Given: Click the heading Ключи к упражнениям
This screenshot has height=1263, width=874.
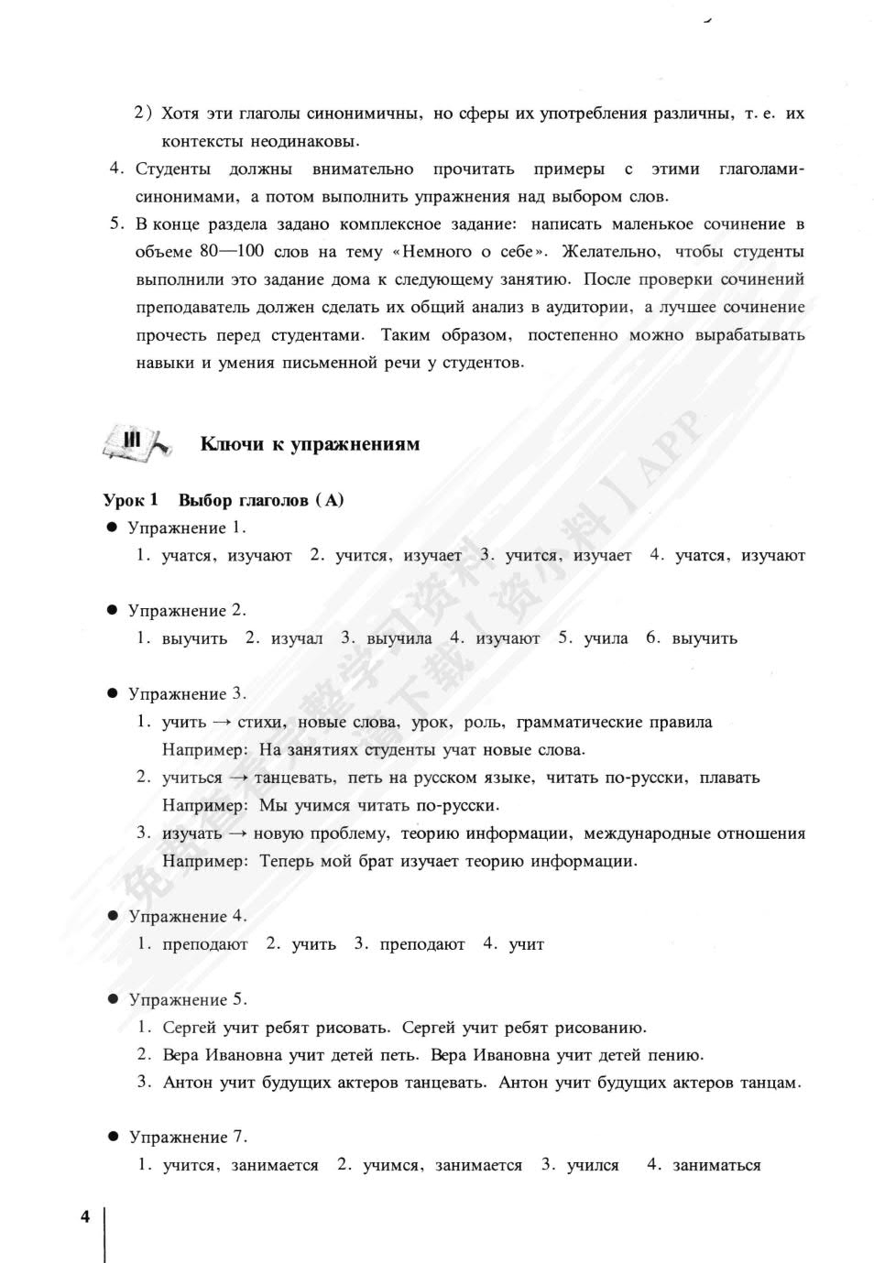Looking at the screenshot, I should coord(310,444).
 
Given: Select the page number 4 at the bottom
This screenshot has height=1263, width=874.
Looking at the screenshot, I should coord(85,1216).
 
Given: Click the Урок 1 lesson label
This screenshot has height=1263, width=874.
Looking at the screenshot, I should coord(130,500).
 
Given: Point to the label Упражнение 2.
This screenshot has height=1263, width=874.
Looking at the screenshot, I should coord(187,611).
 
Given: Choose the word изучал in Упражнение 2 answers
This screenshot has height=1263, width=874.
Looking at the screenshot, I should coord(297,638).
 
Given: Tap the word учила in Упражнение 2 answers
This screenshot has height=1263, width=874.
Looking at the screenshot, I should coord(606,638).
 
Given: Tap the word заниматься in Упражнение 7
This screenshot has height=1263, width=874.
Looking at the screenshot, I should coord(716,1166).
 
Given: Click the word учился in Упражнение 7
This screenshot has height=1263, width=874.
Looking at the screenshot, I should coord(593,1166).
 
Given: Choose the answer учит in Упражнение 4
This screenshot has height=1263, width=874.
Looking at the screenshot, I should coord(526,944).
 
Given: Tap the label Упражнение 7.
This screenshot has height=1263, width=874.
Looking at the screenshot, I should coord(188,1138).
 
